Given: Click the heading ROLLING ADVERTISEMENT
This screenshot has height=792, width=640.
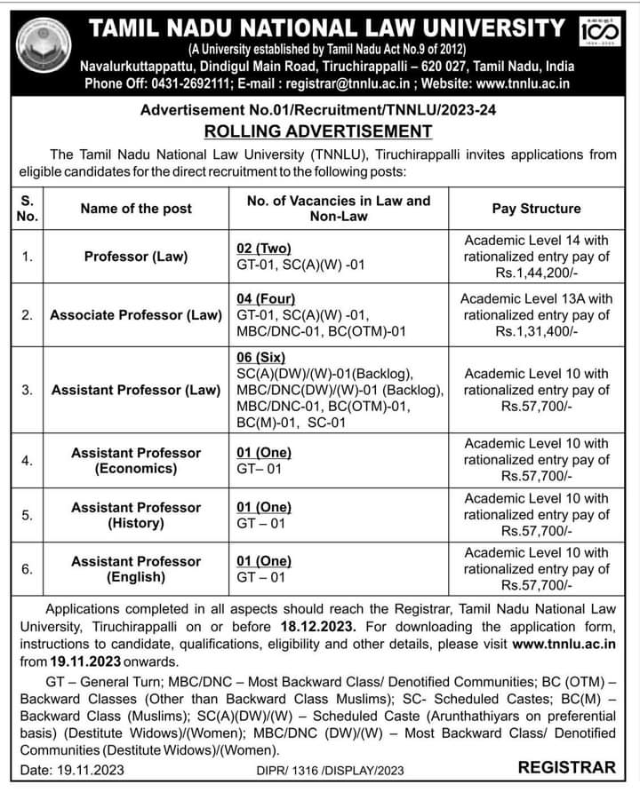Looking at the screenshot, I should (319, 131).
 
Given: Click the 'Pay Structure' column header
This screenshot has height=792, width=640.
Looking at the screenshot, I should (536, 209).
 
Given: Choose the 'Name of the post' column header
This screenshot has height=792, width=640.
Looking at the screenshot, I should (136, 209).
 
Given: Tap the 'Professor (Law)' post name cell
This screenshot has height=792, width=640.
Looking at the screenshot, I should (136, 257).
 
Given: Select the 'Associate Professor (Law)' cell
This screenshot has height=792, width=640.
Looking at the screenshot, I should (136, 314).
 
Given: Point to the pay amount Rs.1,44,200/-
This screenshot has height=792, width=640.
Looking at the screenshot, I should (536, 273).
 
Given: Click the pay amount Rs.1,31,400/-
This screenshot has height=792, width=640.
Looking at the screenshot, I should (536, 330).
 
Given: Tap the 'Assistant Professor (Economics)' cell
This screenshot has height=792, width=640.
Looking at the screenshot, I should (136, 460).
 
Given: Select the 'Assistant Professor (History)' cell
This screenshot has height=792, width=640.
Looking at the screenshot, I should (136, 515).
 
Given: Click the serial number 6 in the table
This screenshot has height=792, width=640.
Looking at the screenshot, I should (28, 569).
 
